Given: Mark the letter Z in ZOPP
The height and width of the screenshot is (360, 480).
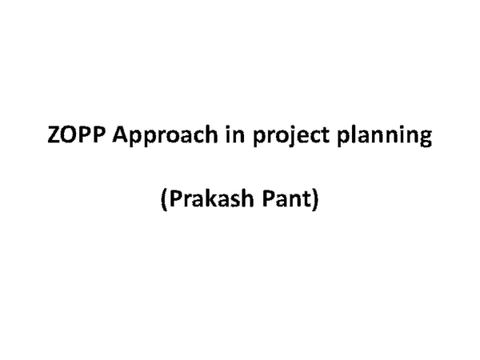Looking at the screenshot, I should click(55, 137).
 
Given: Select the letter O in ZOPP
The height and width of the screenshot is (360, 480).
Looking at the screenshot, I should click(70, 137).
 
